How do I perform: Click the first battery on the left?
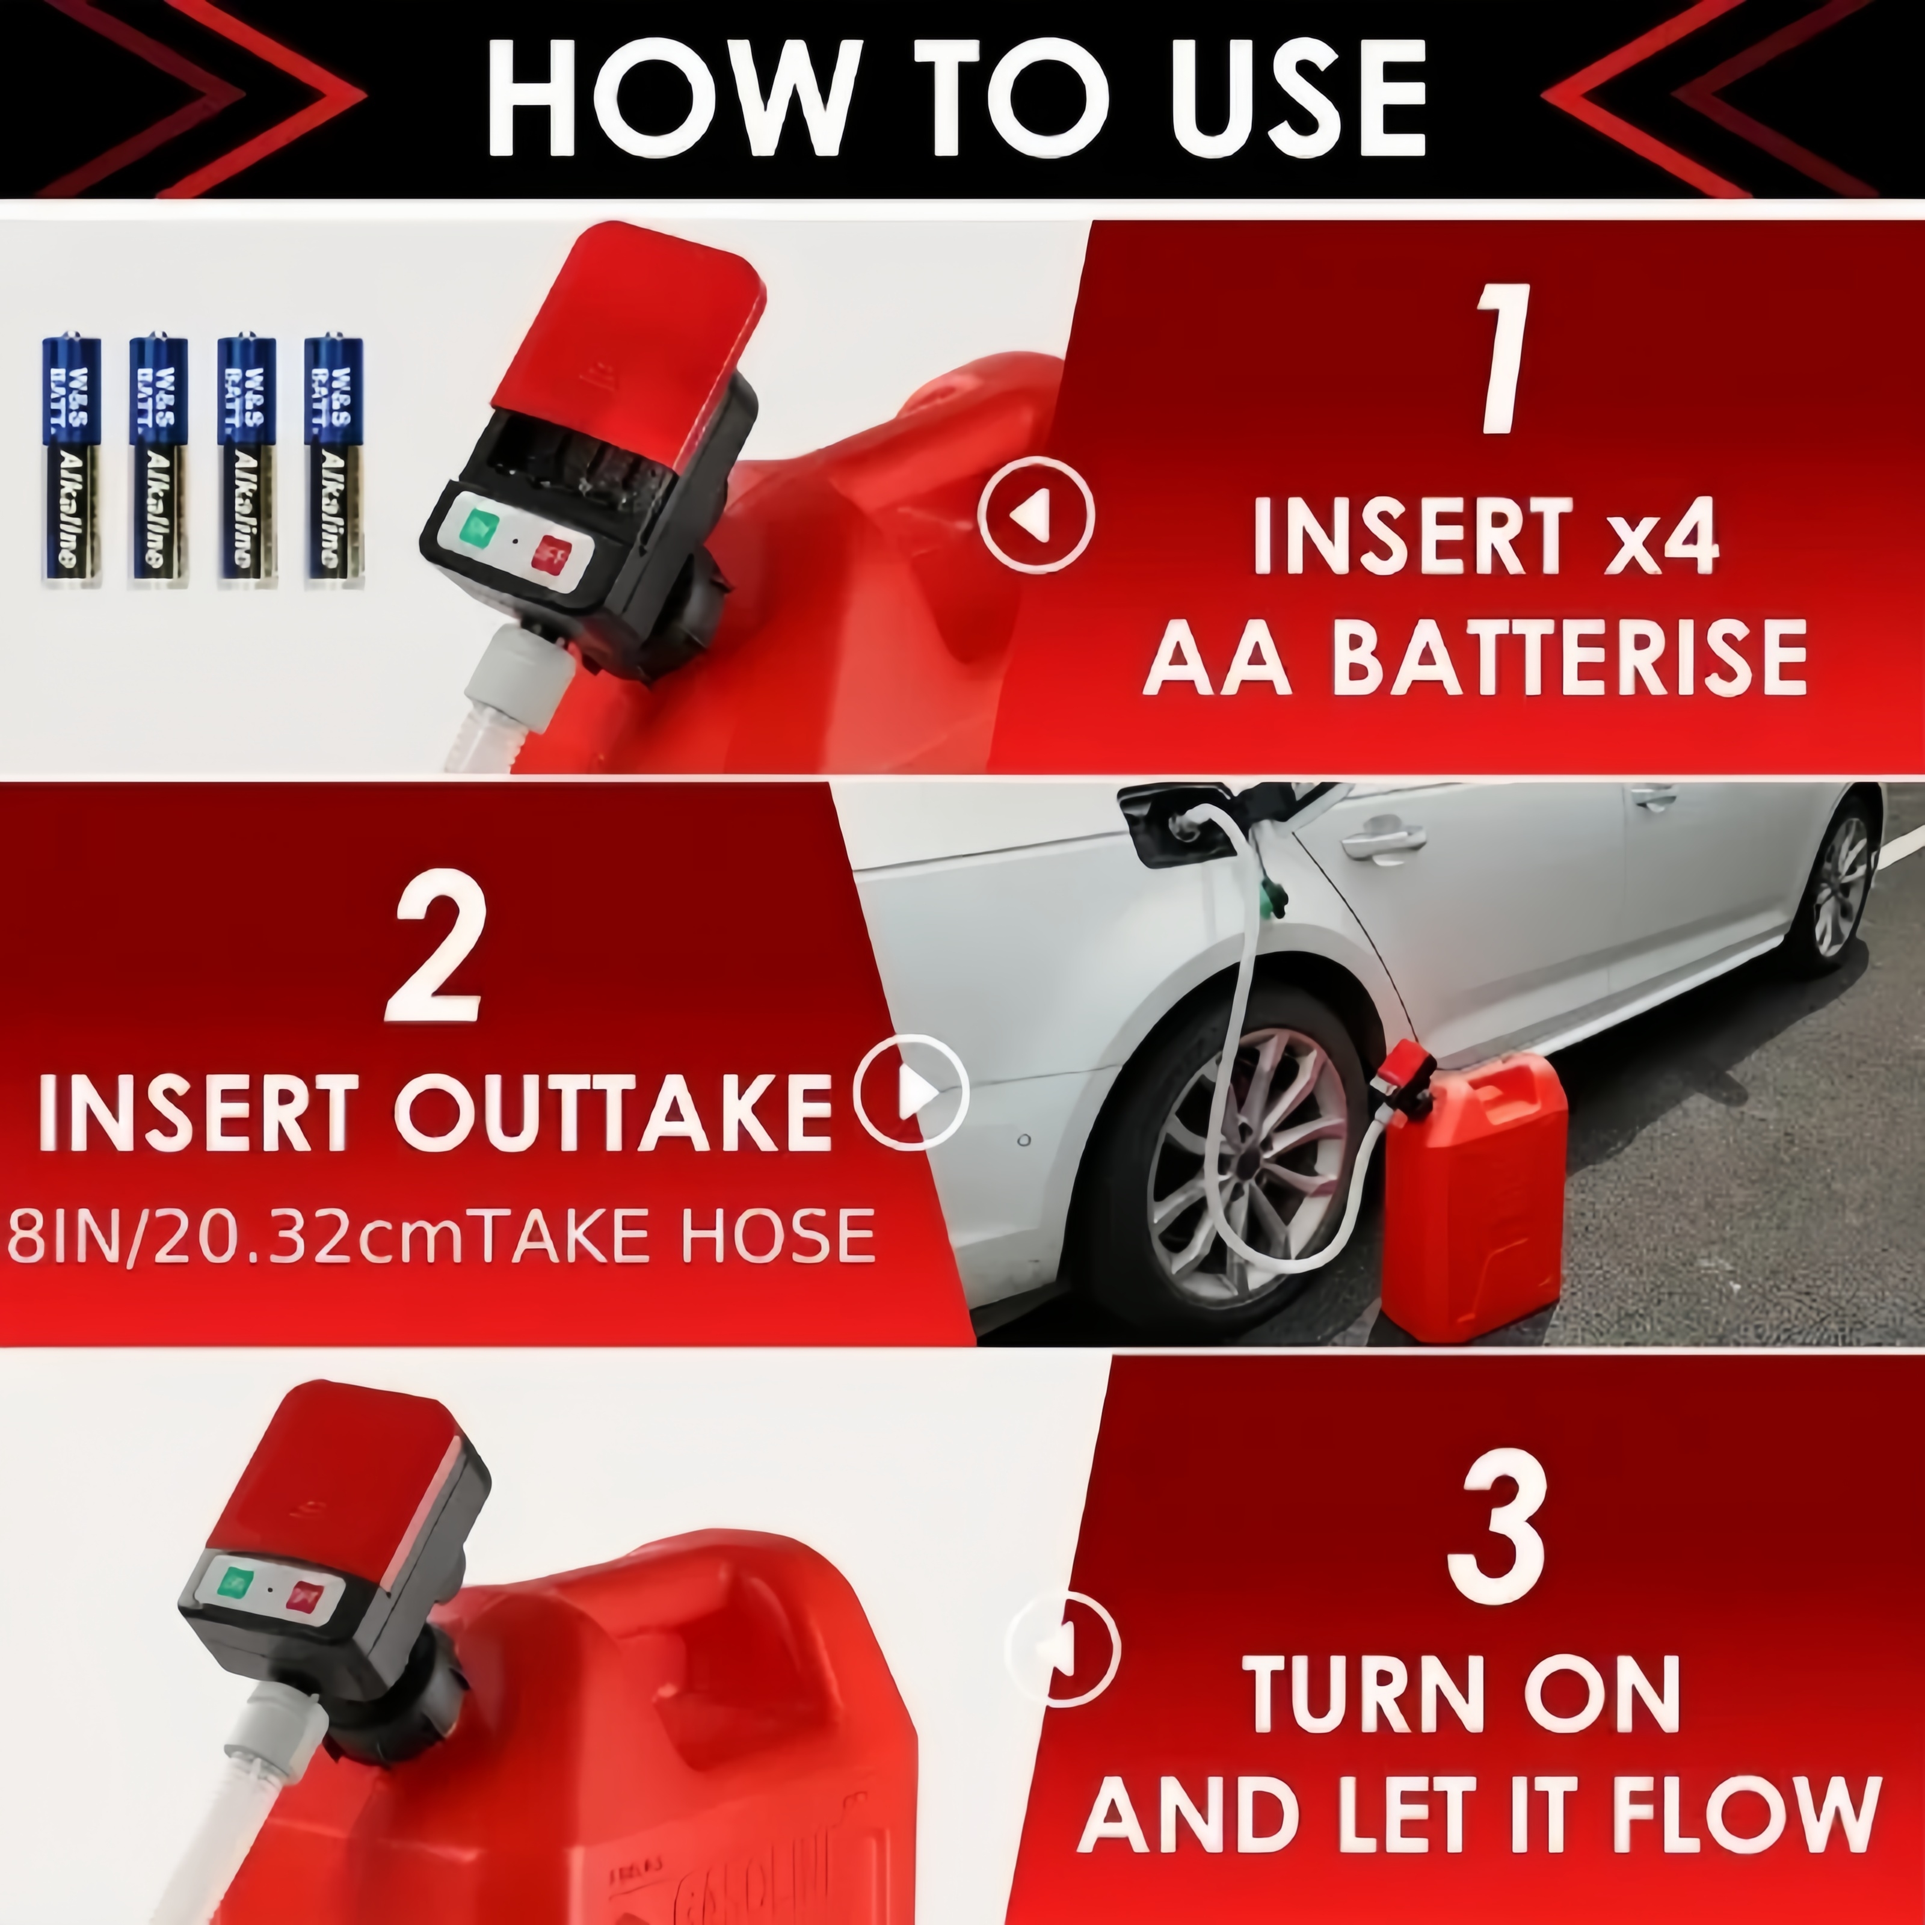(x=71, y=460)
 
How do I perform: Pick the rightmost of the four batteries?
(x=334, y=460)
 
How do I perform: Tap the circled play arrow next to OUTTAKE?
(x=911, y=1093)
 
